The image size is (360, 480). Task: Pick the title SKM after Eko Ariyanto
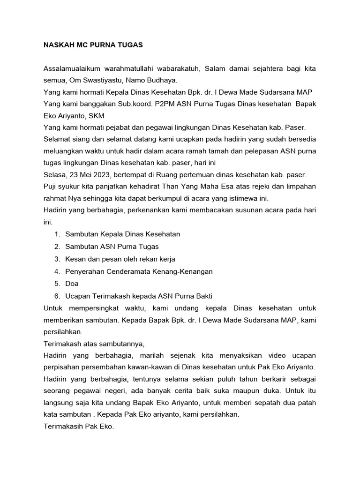point(95,116)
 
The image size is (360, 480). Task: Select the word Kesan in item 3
point(75,259)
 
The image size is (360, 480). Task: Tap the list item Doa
point(72,284)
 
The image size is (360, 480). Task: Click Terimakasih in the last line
point(65,427)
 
